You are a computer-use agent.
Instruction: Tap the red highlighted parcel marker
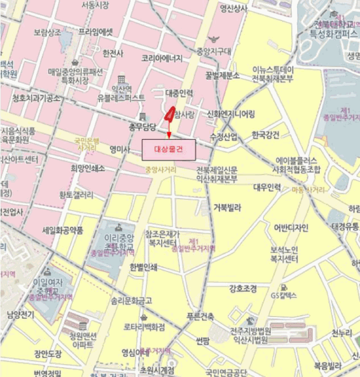point(169,114)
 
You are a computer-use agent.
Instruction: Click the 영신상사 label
point(234,8)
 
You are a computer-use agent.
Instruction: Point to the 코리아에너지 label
point(162,58)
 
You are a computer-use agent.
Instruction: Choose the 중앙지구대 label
point(214,52)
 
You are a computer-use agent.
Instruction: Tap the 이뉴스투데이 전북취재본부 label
point(273,74)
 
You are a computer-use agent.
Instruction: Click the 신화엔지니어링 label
point(231,114)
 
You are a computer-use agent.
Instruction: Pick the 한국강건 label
point(266,134)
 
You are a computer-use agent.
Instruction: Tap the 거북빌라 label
point(227,207)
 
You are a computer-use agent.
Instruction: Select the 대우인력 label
point(267,187)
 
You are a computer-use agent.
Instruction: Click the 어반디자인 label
point(291,227)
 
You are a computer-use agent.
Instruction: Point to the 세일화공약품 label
point(63,230)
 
